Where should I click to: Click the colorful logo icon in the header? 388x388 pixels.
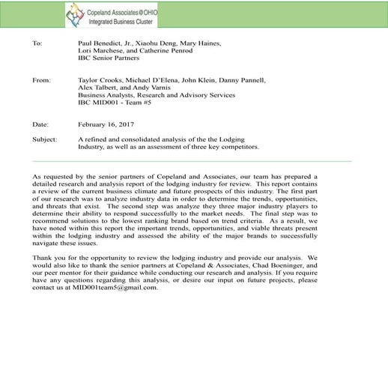click(x=75, y=13)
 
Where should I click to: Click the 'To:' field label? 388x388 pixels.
click(x=37, y=43)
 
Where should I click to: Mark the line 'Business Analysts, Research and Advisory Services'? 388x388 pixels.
click(x=157, y=95)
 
